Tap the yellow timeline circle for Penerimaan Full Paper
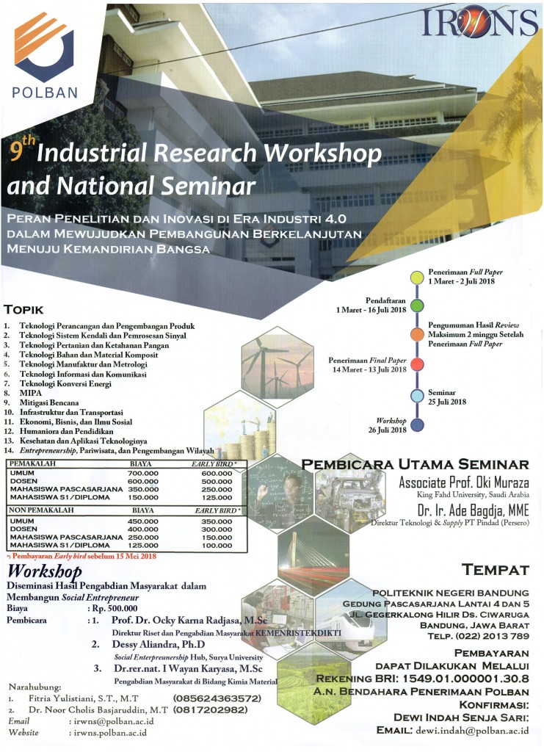pos(417,277)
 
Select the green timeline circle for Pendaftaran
pos(417,305)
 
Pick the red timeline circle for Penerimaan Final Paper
pos(417,364)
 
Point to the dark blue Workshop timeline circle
pos(417,424)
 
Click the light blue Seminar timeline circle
pos(417,396)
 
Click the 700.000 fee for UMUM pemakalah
pos(142,474)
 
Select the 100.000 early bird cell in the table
pos(217,546)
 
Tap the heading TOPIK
pos(25,309)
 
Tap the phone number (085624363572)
pos(217,698)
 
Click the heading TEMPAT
pos(496,570)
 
